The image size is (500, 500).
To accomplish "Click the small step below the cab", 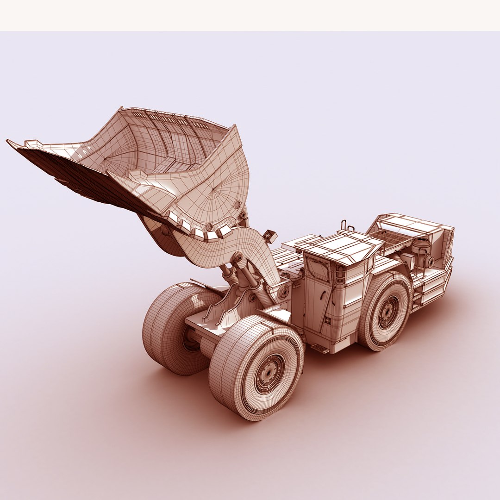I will click(319, 349).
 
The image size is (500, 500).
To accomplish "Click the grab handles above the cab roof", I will click(348, 227).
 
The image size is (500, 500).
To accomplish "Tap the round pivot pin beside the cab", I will click(283, 292).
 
